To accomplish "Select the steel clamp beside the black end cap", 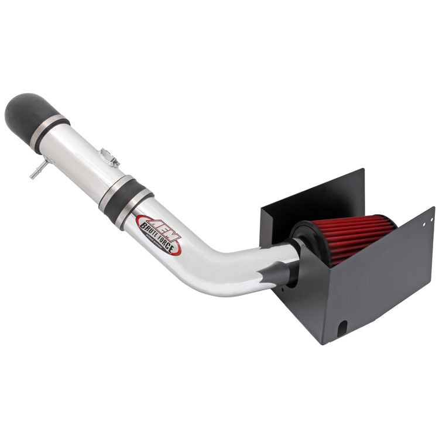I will [49, 132].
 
